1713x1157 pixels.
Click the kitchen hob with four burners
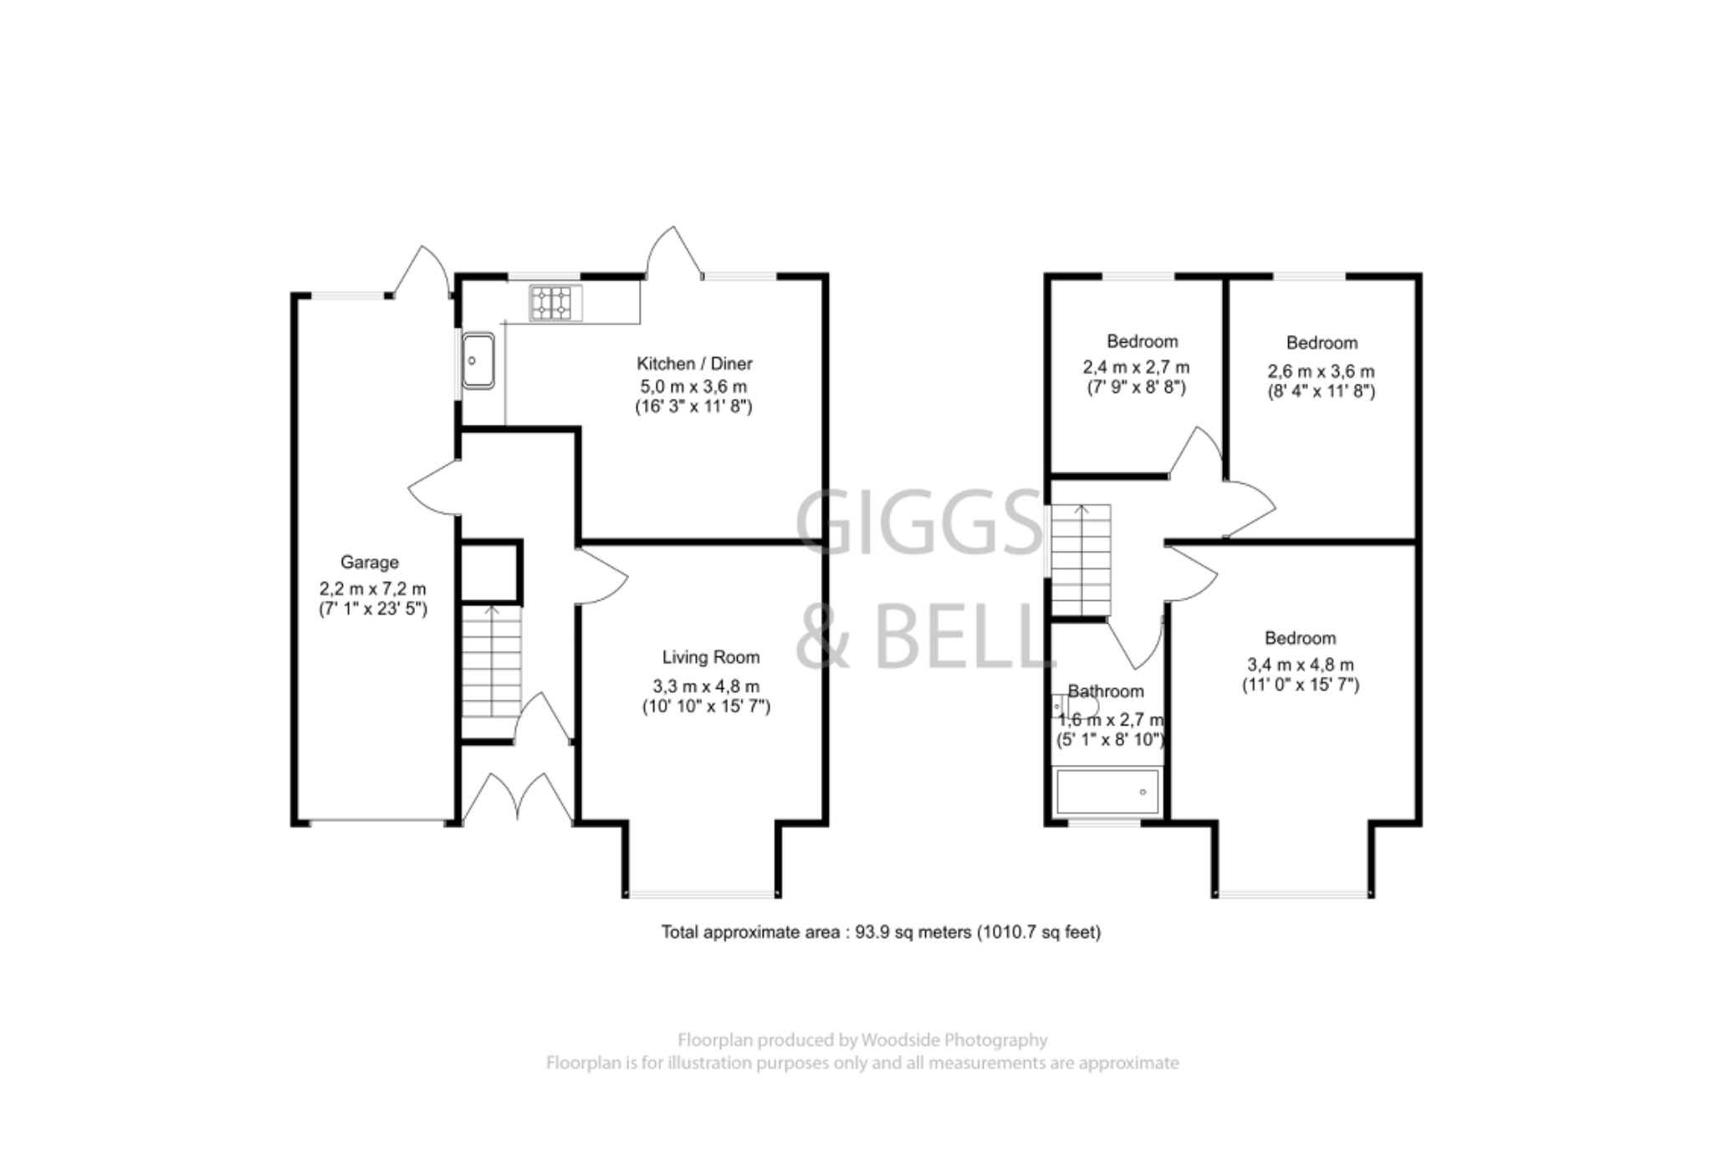(x=555, y=303)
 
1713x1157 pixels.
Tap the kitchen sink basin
(x=478, y=360)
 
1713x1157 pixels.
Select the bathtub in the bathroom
(x=1107, y=791)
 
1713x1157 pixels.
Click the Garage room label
(x=369, y=563)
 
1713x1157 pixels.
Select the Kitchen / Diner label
(x=694, y=364)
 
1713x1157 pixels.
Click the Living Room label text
(x=710, y=657)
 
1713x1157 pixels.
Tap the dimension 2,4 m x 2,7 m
(x=1136, y=367)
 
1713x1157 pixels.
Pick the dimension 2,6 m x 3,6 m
(x=1321, y=371)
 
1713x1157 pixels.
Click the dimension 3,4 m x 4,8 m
(x=1300, y=665)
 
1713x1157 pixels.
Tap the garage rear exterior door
(x=422, y=271)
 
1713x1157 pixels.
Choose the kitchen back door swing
(x=673, y=252)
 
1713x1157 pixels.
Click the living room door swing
(x=602, y=575)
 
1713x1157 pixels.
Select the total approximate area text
(x=881, y=931)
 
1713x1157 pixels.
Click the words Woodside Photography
(x=954, y=1040)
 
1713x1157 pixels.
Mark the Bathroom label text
(x=1105, y=691)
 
